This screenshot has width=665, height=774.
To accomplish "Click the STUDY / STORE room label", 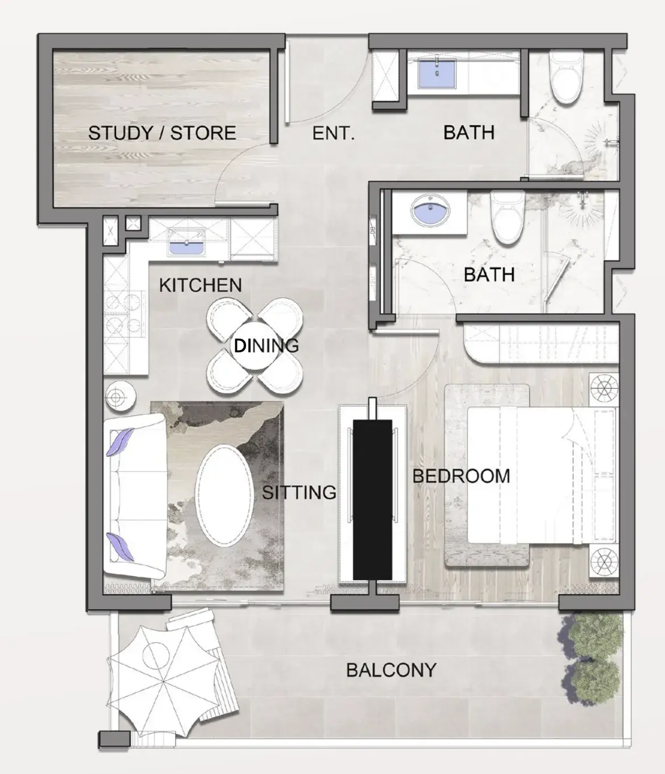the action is click(x=162, y=133).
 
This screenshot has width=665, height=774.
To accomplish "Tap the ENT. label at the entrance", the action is click(x=334, y=134).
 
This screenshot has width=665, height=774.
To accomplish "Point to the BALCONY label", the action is click(x=391, y=670).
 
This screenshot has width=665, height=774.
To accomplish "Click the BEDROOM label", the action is click(x=462, y=476).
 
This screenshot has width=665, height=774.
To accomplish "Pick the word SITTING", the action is click(x=299, y=492).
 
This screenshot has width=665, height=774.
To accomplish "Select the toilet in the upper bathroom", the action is click(x=566, y=77).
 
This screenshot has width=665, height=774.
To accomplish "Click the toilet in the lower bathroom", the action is click(x=508, y=218).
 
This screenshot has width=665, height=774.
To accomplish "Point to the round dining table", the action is click(x=255, y=346).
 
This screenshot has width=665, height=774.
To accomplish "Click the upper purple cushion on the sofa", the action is click(x=120, y=442).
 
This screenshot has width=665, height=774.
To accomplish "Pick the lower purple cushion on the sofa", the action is click(x=120, y=547).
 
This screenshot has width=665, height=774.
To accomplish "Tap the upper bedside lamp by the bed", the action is click(x=604, y=390).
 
